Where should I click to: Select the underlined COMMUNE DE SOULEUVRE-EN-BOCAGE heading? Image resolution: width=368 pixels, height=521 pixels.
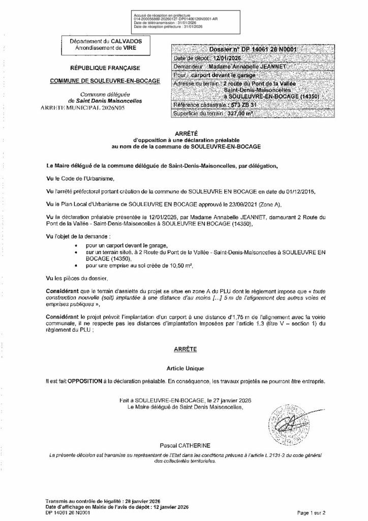pos(104,81)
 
